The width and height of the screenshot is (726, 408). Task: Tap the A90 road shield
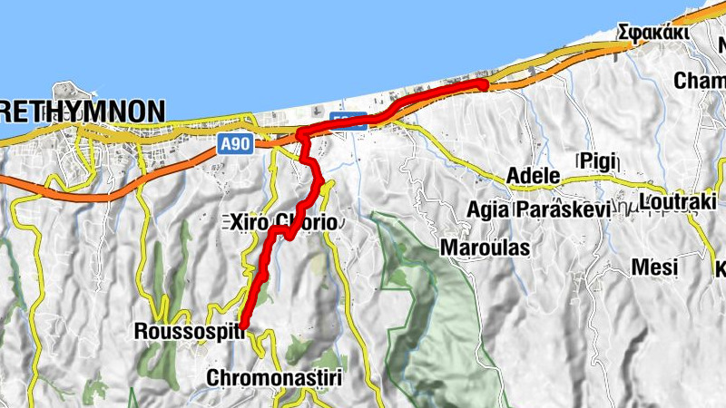tap(234, 142)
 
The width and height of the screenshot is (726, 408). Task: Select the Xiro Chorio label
tap(282, 222)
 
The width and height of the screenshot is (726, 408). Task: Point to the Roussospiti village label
tap(189, 332)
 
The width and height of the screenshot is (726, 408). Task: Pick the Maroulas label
tap(485, 247)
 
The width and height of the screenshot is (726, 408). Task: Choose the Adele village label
tap(535, 175)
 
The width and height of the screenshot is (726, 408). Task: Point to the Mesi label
tap(654, 267)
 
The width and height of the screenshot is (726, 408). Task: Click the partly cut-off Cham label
tap(699, 81)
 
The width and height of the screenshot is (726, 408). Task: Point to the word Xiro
tap(246, 222)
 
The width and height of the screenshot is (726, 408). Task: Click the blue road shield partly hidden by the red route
tap(349, 119)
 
